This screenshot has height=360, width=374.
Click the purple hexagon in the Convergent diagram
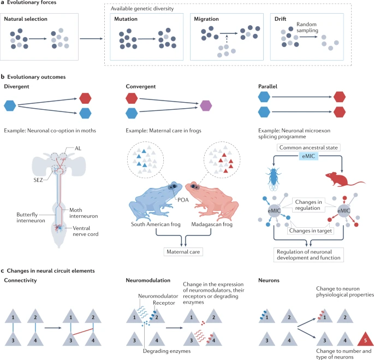tap(206, 106)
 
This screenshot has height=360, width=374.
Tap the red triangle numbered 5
tap(365, 339)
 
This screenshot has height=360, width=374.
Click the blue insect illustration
tap(274, 179)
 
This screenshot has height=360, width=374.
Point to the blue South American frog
tap(156, 201)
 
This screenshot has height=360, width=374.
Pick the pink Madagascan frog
tap(212, 201)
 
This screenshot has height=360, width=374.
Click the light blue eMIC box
tap(308, 156)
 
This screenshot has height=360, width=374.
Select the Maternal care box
tap(183, 252)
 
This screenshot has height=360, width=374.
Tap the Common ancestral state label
tap(308, 147)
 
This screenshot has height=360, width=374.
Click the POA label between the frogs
tap(183, 200)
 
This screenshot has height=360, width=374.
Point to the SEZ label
tap(38, 180)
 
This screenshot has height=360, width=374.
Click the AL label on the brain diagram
tap(78, 148)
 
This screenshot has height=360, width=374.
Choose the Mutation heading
tap(126, 19)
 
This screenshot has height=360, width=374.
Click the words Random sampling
tap(307, 27)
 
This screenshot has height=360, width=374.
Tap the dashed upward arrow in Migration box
tap(227, 39)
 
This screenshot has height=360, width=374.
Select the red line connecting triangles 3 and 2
tap(83, 332)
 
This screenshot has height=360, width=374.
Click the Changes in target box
tap(310, 231)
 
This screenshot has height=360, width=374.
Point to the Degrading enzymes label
tap(167, 351)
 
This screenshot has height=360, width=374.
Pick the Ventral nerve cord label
tap(85, 231)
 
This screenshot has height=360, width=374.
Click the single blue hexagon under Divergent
tap(10, 106)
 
